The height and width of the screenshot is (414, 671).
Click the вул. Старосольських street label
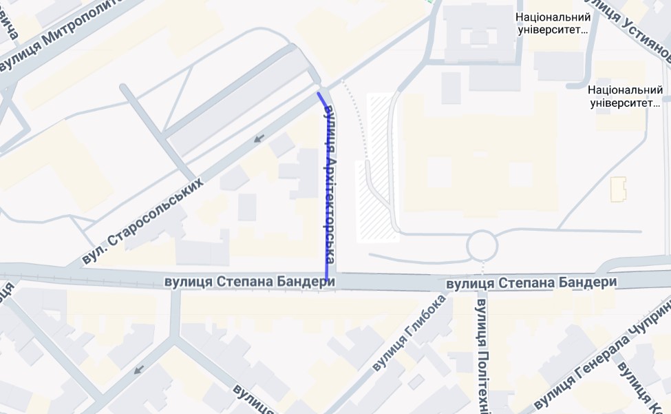142,222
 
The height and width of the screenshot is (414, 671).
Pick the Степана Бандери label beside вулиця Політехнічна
531,283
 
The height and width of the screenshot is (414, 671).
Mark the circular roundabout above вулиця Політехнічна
482,245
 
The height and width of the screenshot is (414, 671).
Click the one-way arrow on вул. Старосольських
259,139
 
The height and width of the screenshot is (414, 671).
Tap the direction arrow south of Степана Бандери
139,370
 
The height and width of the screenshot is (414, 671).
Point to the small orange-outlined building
618,189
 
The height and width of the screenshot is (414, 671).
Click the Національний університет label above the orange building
625,96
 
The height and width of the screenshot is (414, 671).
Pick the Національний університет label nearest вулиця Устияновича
553,23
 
